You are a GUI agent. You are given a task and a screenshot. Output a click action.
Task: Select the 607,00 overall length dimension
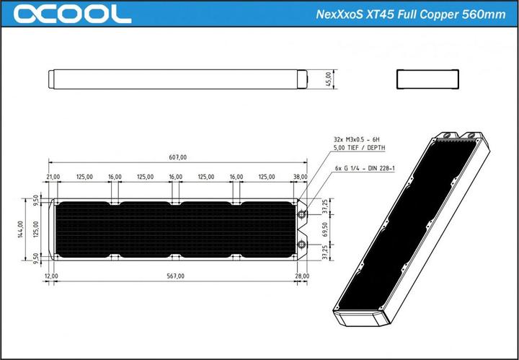[177, 157]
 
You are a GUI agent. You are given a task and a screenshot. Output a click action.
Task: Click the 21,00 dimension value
[53, 176]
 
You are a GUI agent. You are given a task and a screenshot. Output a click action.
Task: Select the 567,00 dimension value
[175, 276]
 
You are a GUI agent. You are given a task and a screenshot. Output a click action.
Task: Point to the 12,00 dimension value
[50, 276]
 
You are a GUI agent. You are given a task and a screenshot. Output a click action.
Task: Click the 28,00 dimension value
[301, 276]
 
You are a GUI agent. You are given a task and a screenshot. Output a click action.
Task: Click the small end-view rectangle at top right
[426, 78]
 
